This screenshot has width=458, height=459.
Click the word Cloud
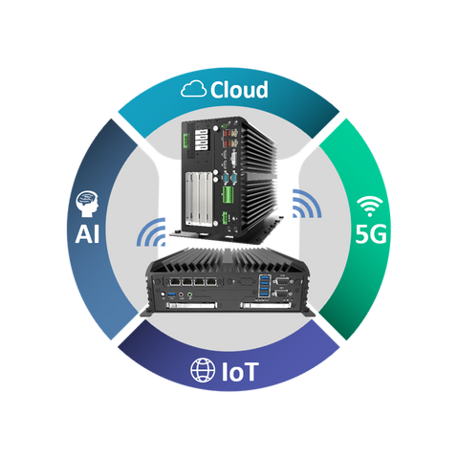pyautogui.click(x=239, y=90)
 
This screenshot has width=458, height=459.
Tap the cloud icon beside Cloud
pyautogui.click(x=193, y=89)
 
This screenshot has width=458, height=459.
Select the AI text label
pyautogui.click(x=87, y=234)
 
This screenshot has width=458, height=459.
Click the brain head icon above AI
pyautogui.click(x=87, y=204)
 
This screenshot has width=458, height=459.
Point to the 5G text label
pyautogui.click(x=371, y=234)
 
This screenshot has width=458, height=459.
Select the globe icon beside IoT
pyautogui.click(x=203, y=370)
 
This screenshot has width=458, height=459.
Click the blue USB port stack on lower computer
pyautogui.click(x=265, y=286)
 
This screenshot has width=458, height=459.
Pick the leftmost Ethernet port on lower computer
pyautogui.click(x=175, y=282)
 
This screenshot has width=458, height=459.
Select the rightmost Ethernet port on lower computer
pyautogui.click(x=211, y=282)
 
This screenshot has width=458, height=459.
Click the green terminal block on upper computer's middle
pyautogui.click(x=228, y=195)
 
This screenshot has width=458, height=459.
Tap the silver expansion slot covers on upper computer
pyautogui.click(x=199, y=198)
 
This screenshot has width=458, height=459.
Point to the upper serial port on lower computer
pyautogui.click(x=281, y=281)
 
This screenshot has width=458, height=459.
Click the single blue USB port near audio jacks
pyautogui.click(x=171, y=294)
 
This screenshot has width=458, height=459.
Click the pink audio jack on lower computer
pyautogui.click(x=182, y=295)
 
